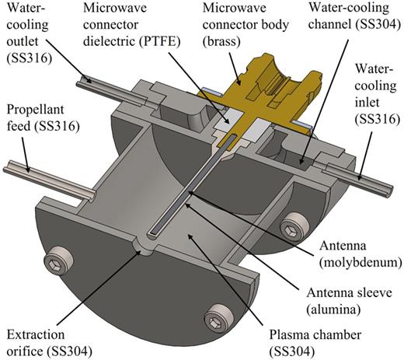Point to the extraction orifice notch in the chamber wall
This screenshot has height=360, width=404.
(x=139, y=248)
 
